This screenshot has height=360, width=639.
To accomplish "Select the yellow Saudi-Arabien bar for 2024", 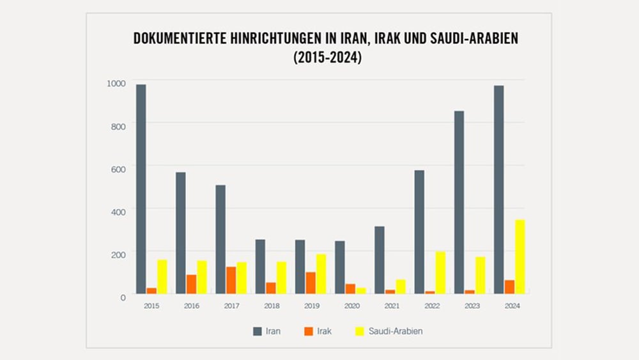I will (520, 257).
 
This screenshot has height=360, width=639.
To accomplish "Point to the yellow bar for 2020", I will (361, 290).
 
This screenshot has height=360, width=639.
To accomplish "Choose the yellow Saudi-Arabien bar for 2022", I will (440, 272).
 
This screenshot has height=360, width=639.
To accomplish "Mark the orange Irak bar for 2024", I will (509, 286).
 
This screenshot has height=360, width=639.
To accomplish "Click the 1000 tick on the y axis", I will (116, 82).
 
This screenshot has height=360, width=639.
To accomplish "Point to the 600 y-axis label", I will (119, 168).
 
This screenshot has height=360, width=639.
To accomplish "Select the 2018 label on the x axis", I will (271, 306).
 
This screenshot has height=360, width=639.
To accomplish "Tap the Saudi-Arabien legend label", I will (396, 331).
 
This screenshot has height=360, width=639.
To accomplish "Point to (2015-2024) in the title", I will (327, 58).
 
